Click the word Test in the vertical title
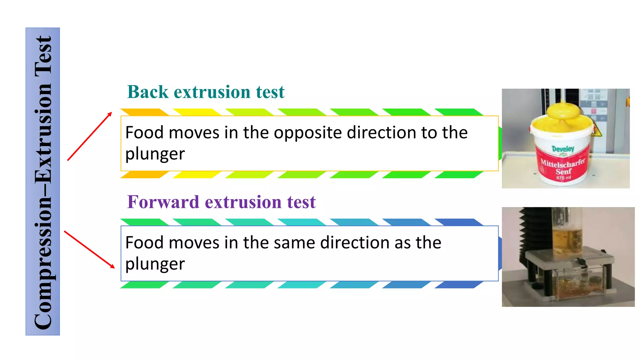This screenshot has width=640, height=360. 43,56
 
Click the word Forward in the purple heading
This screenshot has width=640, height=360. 163,202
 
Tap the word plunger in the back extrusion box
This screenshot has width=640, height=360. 155,154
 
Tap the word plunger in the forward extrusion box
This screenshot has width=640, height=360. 155,264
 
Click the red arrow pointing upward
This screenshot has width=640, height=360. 90,136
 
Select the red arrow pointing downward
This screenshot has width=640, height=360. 89,249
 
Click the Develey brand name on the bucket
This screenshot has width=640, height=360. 563,149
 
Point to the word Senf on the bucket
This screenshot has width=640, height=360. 563,171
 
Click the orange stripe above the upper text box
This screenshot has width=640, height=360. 144,112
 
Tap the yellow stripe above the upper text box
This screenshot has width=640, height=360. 197,112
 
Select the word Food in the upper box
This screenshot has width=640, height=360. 144,132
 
